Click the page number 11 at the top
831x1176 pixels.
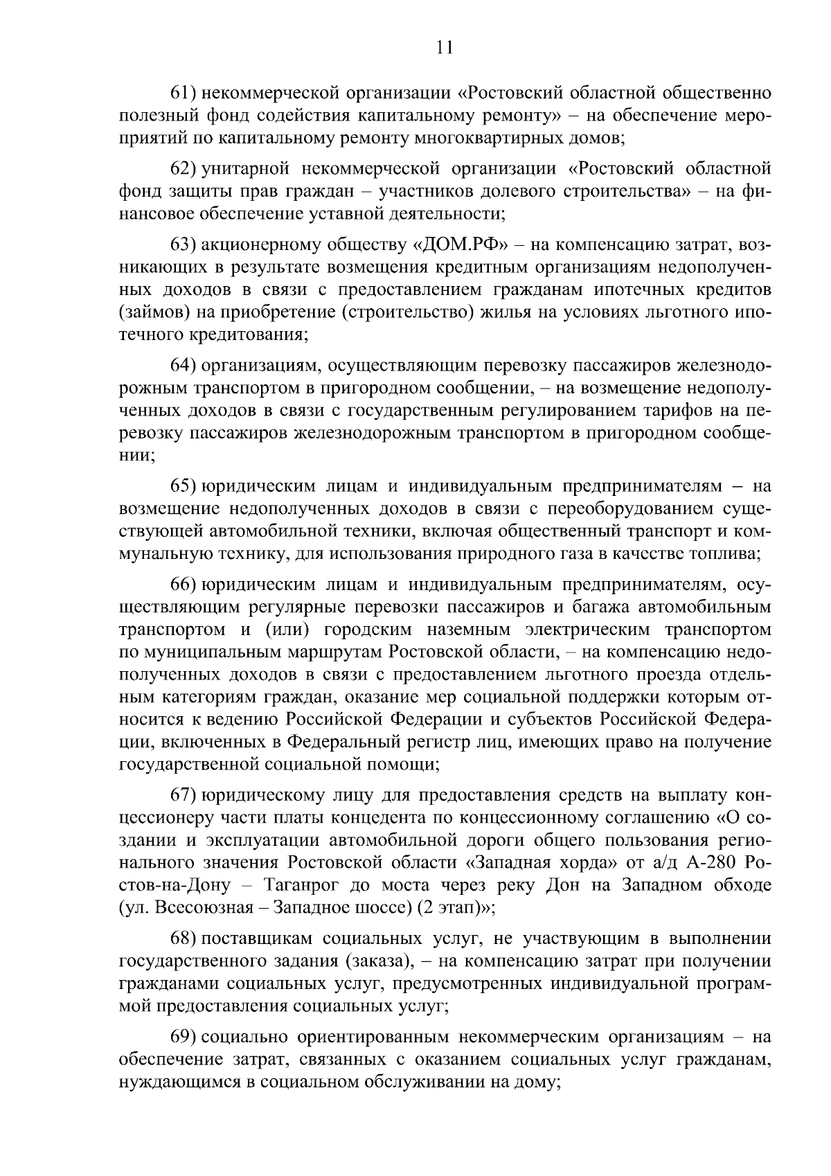(x=445, y=48)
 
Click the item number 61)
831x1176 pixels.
(x=185, y=92)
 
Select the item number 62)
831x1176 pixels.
(x=185, y=168)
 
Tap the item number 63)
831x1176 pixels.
(x=185, y=244)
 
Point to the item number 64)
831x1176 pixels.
(x=185, y=365)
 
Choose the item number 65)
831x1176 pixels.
(x=185, y=486)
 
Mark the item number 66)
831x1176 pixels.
(x=185, y=585)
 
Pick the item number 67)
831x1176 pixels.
(x=185, y=794)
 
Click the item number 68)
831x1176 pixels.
(x=185, y=938)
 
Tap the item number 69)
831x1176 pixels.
(x=185, y=1037)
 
